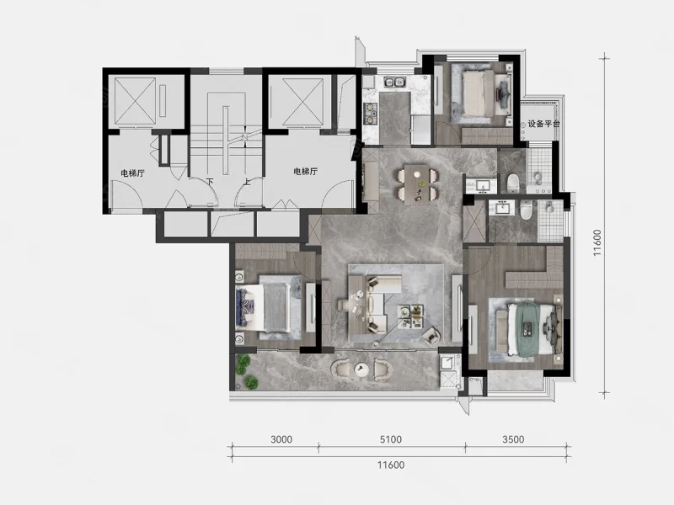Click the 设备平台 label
[x=543, y=124]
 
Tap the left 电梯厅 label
[x=132, y=173]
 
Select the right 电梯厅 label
[x=305, y=172]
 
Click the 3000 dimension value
[x=281, y=439]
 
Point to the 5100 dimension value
[x=391, y=439]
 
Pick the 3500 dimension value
[x=513, y=439]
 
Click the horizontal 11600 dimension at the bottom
[x=391, y=465]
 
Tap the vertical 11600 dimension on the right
[x=597, y=243]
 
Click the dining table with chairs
[x=417, y=183]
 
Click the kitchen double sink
[x=394, y=82]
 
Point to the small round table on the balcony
[x=361, y=369]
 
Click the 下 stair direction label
[x=209, y=182]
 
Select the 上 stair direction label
[x=246, y=182]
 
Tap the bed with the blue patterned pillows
[x=262, y=308]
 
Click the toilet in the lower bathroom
[x=526, y=210]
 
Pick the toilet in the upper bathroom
[x=513, y=183]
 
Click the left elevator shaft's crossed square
[x=136, y=101]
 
